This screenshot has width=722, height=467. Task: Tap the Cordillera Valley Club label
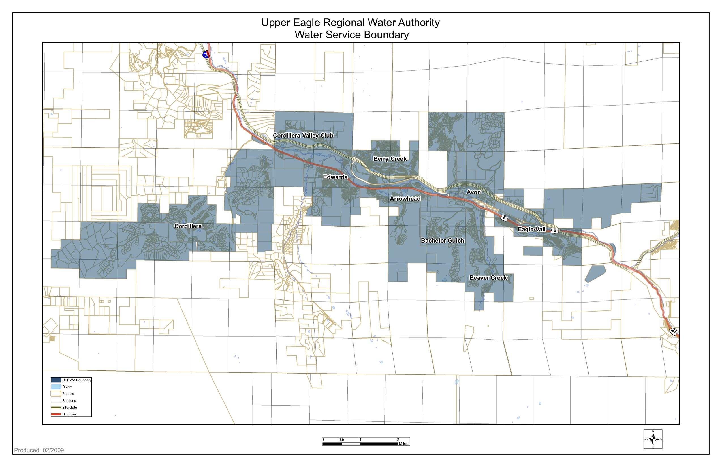point(303,136)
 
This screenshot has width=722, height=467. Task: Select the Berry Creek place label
point(390,158)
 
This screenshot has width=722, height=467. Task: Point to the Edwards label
point(335,177)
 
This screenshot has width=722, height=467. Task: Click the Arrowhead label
point(405,199)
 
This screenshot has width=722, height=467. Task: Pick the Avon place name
point(473,192)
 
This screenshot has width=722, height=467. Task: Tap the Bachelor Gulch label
point(443,241)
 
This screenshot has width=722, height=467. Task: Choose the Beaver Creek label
point(488,277)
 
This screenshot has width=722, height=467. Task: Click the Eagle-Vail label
point(531,229)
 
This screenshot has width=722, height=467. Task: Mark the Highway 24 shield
point(673,331)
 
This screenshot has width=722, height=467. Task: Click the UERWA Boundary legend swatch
point(56,380)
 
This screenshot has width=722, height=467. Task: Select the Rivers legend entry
point(67,387)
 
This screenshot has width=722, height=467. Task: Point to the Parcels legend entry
point(68,394)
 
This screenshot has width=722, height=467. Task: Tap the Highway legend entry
point(69,414)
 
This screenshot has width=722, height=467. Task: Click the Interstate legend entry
point(69,408)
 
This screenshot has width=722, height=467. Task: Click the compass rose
point(653,439)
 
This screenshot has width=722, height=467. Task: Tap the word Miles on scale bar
point(403,444)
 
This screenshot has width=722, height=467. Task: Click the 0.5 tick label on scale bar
point(341,439)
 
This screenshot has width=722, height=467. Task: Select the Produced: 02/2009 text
point(39,450)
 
